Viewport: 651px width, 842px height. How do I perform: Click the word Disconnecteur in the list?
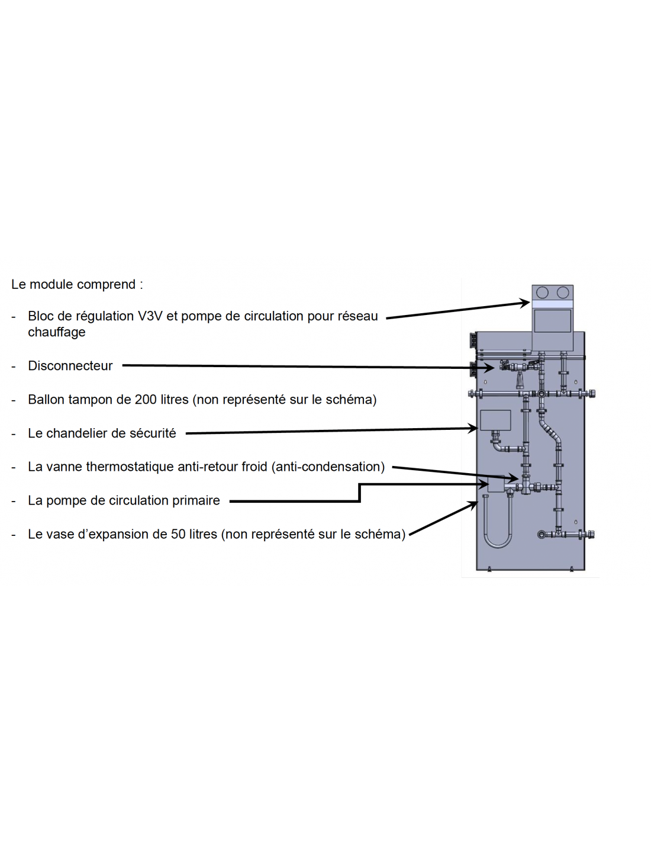(x=70, y=366)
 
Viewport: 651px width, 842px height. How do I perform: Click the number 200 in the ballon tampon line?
(x=146, y=400)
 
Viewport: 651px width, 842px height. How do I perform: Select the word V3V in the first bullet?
(x=150, y=316)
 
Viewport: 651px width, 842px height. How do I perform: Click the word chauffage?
(x=56, y=332)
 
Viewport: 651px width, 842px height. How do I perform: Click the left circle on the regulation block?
(x=542, y=293)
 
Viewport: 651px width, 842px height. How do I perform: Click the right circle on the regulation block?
(x=563, y=293)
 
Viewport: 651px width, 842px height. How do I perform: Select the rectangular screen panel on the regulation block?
(x=552, y=322)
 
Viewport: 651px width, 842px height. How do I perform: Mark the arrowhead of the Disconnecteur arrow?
(x=489, y=368)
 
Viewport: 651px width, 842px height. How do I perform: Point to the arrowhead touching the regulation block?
(x=524, y=303)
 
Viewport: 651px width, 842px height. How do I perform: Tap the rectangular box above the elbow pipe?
(x=495, y=420)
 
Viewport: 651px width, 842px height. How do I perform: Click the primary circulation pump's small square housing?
(x=496, y=484)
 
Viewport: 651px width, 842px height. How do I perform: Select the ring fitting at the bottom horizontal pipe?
(x=541, y=535)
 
